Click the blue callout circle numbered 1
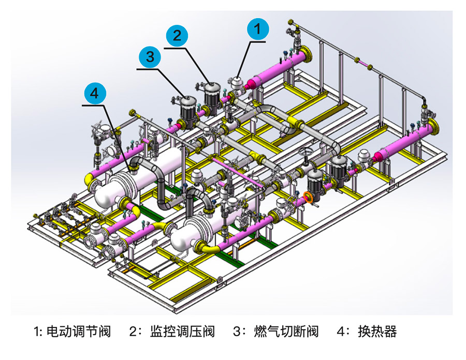click(x=257, y=29)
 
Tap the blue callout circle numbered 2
click(x=178, y=35)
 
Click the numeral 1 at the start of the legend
click(x=36, y=332)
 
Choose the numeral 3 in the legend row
click(x=238, y=332)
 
